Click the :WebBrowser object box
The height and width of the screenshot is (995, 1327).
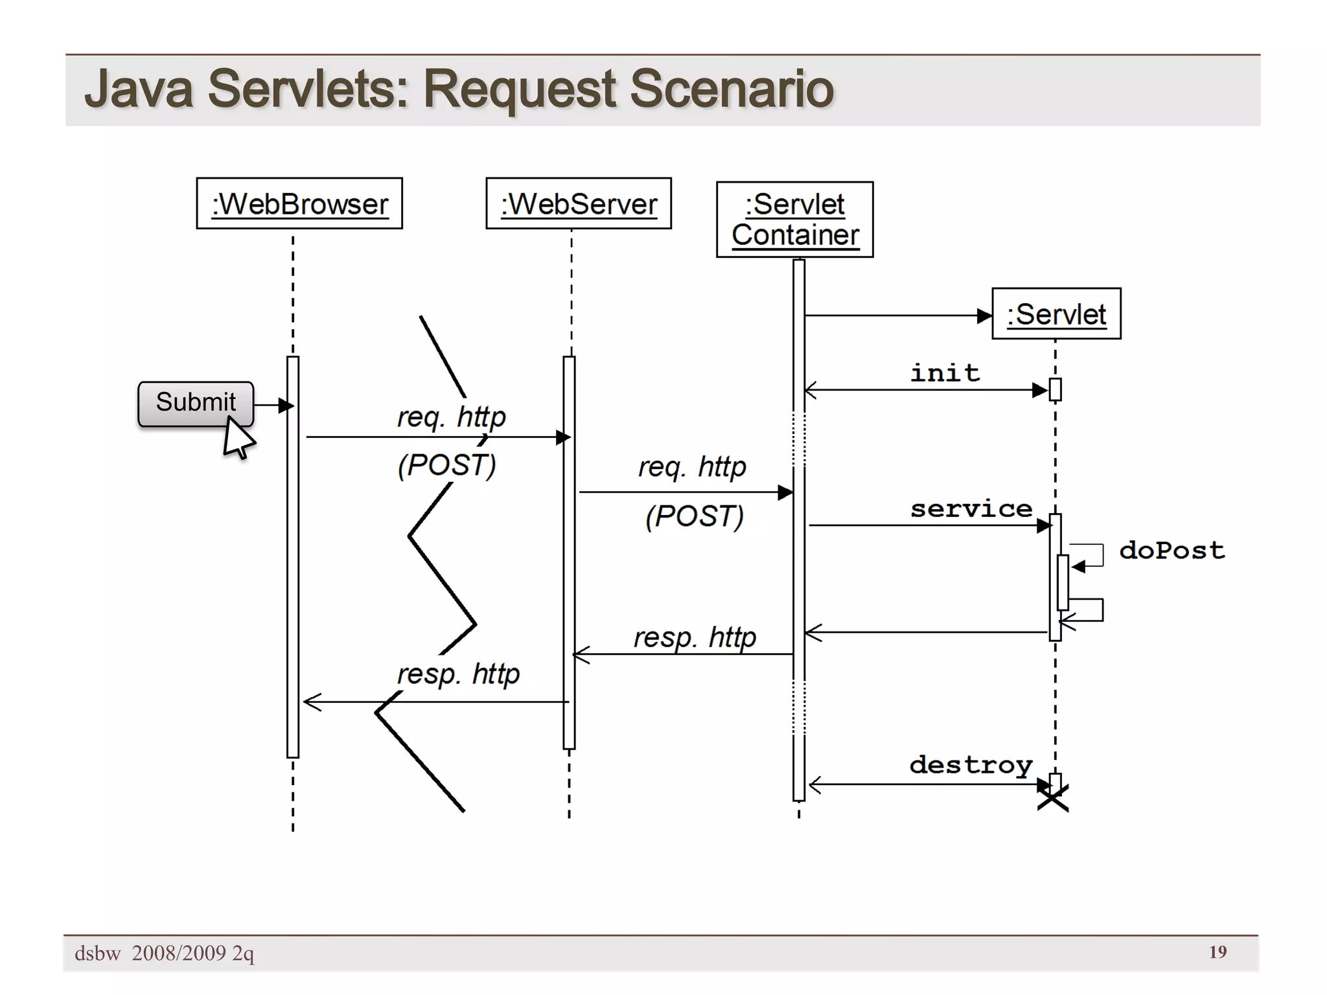(x=299, y=203)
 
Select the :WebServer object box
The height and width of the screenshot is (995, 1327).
(x=578, y=203)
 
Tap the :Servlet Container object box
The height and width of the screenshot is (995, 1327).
(x=794, y=220)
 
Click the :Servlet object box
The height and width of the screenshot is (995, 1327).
(x=1056, y=314)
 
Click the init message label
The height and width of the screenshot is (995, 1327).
(x=945, y=373)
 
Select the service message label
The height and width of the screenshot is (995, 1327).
(x=971, y=509)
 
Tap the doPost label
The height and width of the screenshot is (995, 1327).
(x=1171, y=551)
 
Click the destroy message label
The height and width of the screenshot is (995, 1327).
(x=970, y=765)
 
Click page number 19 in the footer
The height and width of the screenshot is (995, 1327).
(x=1217, y=952)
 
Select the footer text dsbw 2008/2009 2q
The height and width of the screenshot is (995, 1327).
(x=164, y=953)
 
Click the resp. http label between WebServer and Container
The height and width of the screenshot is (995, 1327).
(x=694, y=637)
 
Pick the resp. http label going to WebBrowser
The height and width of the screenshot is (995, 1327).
(x=457, y=674)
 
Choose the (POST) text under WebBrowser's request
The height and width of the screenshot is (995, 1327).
(x=446, y=465)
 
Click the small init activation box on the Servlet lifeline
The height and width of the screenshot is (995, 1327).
(x=1055, y=389)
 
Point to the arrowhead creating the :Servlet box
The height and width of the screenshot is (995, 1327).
(x=984, y=316)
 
